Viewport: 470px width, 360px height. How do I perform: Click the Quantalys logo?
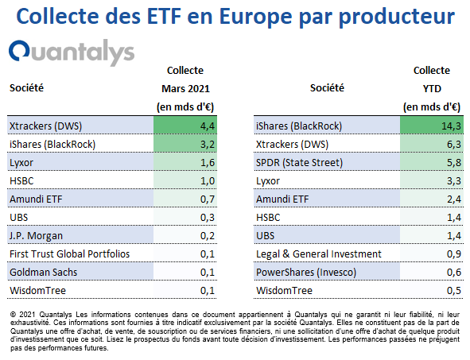point(72,52)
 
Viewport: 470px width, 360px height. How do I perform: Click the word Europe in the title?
point(256,17)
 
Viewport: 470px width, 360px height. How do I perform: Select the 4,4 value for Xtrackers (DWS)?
point(208,126)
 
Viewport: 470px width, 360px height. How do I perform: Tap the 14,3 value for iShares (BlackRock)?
point(452,126)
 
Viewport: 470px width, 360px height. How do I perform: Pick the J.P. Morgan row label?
point(36,236)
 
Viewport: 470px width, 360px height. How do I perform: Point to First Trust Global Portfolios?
point(69,254)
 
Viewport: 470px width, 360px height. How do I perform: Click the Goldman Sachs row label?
point(43,273)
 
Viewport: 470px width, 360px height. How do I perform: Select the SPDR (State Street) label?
point(299,162)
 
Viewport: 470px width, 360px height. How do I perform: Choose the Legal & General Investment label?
point(319,254)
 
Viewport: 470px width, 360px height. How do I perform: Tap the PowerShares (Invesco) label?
point(306,273)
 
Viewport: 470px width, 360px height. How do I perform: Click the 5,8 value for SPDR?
point(454,162)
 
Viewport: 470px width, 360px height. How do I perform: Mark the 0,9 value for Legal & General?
point(454,254)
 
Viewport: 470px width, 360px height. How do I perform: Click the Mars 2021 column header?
point(185,89)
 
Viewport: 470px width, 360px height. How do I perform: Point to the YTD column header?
point(432,89)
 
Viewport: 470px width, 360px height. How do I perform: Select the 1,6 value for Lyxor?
point(208,162)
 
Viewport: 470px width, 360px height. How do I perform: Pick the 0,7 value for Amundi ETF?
point(208,199)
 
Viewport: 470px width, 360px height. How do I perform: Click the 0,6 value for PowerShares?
point(454,273)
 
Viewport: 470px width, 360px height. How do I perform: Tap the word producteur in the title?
point(397,17)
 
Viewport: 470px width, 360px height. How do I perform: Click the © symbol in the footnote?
point(13,315)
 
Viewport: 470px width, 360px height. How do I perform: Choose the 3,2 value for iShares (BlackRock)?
point(208,144)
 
